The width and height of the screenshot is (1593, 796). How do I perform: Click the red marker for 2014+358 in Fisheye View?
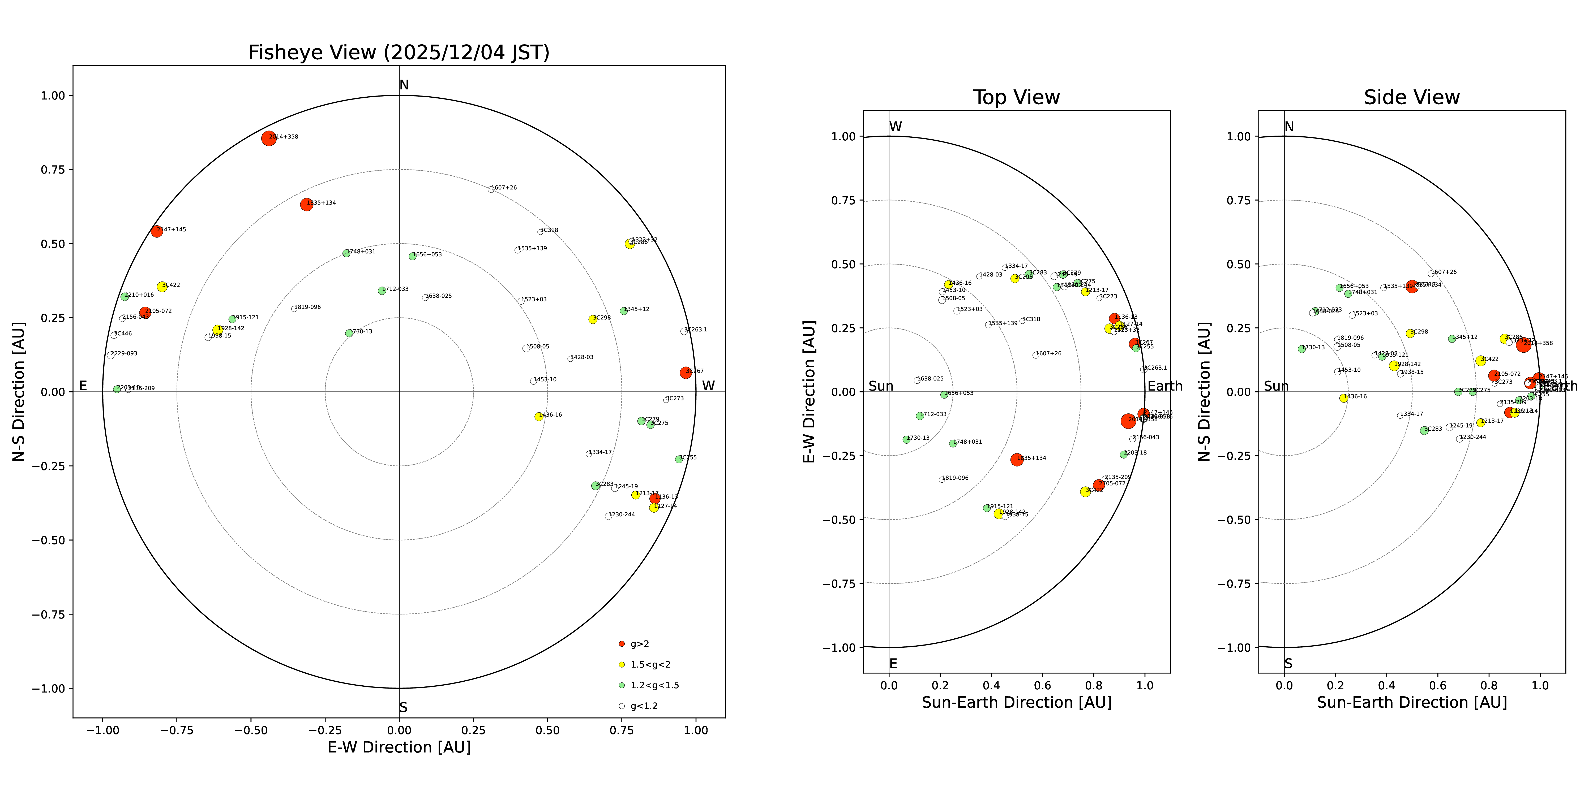pos(268,139)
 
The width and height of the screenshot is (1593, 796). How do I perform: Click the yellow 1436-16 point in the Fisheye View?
pos(539,417)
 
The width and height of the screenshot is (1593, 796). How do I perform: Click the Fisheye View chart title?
pos(399,53)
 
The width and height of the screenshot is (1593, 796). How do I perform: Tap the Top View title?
pos(1016,98)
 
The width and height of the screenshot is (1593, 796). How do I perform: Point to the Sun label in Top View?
pos(881,386)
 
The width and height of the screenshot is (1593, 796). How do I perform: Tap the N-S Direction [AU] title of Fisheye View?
pos(19,391)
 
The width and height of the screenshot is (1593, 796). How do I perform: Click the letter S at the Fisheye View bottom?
pos(403,708)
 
